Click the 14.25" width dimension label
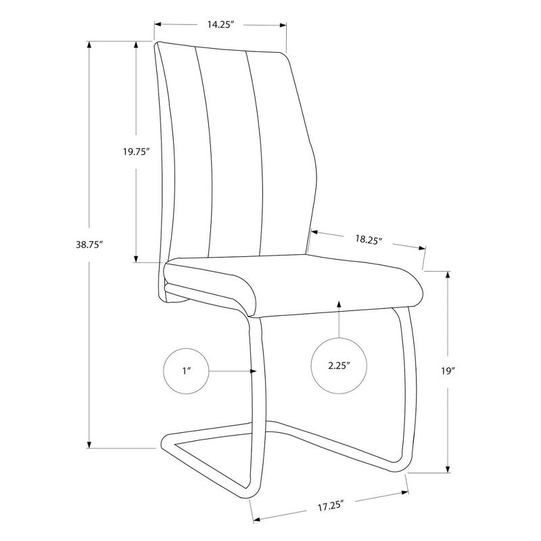(220, 24)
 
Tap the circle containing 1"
(186, 371)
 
